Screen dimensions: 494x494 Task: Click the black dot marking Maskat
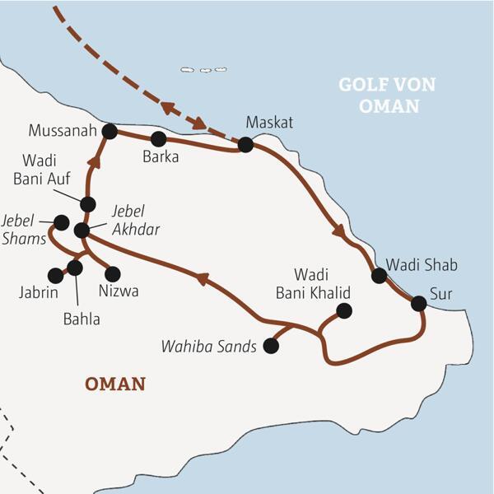pos(245,145)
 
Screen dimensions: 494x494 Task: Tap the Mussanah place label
pos(63,131)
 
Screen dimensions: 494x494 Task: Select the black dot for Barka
pos(158,138)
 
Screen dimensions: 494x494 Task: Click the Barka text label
pos(161,157)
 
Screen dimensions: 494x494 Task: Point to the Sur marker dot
pos(418,304)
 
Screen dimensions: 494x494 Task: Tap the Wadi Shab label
pos(421,265)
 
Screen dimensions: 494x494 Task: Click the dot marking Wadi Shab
pos(379,276)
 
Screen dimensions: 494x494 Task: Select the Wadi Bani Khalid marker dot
pos(344,310)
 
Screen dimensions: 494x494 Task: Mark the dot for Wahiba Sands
pos(270,347)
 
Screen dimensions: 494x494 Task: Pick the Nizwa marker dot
pos(113,274)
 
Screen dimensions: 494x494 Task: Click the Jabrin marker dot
pos(55,275)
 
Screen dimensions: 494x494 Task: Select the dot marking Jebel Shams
pos(60,222)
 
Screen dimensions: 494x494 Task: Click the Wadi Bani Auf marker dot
pos(88,203)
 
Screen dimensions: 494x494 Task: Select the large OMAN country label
pos(115,384)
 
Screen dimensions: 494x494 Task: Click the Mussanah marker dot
pos(110,131)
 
